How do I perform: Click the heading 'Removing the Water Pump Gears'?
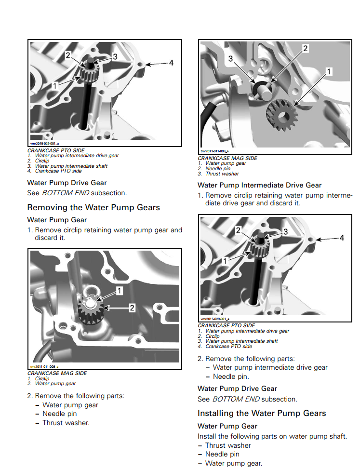point(93,208)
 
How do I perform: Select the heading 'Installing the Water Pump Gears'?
point(262,413)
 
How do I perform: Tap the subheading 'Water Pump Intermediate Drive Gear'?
point(259,185)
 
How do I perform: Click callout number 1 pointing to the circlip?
point(120,290)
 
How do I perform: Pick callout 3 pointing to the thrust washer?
point(231,58)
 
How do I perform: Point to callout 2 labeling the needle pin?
point(305,48)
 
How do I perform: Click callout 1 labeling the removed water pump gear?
point(329,71)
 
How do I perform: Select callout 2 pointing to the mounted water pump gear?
point(132,307)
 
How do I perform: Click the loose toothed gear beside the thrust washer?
point(281,114)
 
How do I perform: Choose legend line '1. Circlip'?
point(42,379)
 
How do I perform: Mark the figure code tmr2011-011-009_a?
point(213,151)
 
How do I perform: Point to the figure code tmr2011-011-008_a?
point(44,366)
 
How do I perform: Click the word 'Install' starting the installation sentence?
point(207,437)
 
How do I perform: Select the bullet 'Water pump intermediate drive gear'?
point(270,367)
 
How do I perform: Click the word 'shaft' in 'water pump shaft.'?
point(335,437)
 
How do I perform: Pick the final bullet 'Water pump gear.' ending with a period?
point(234,463)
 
